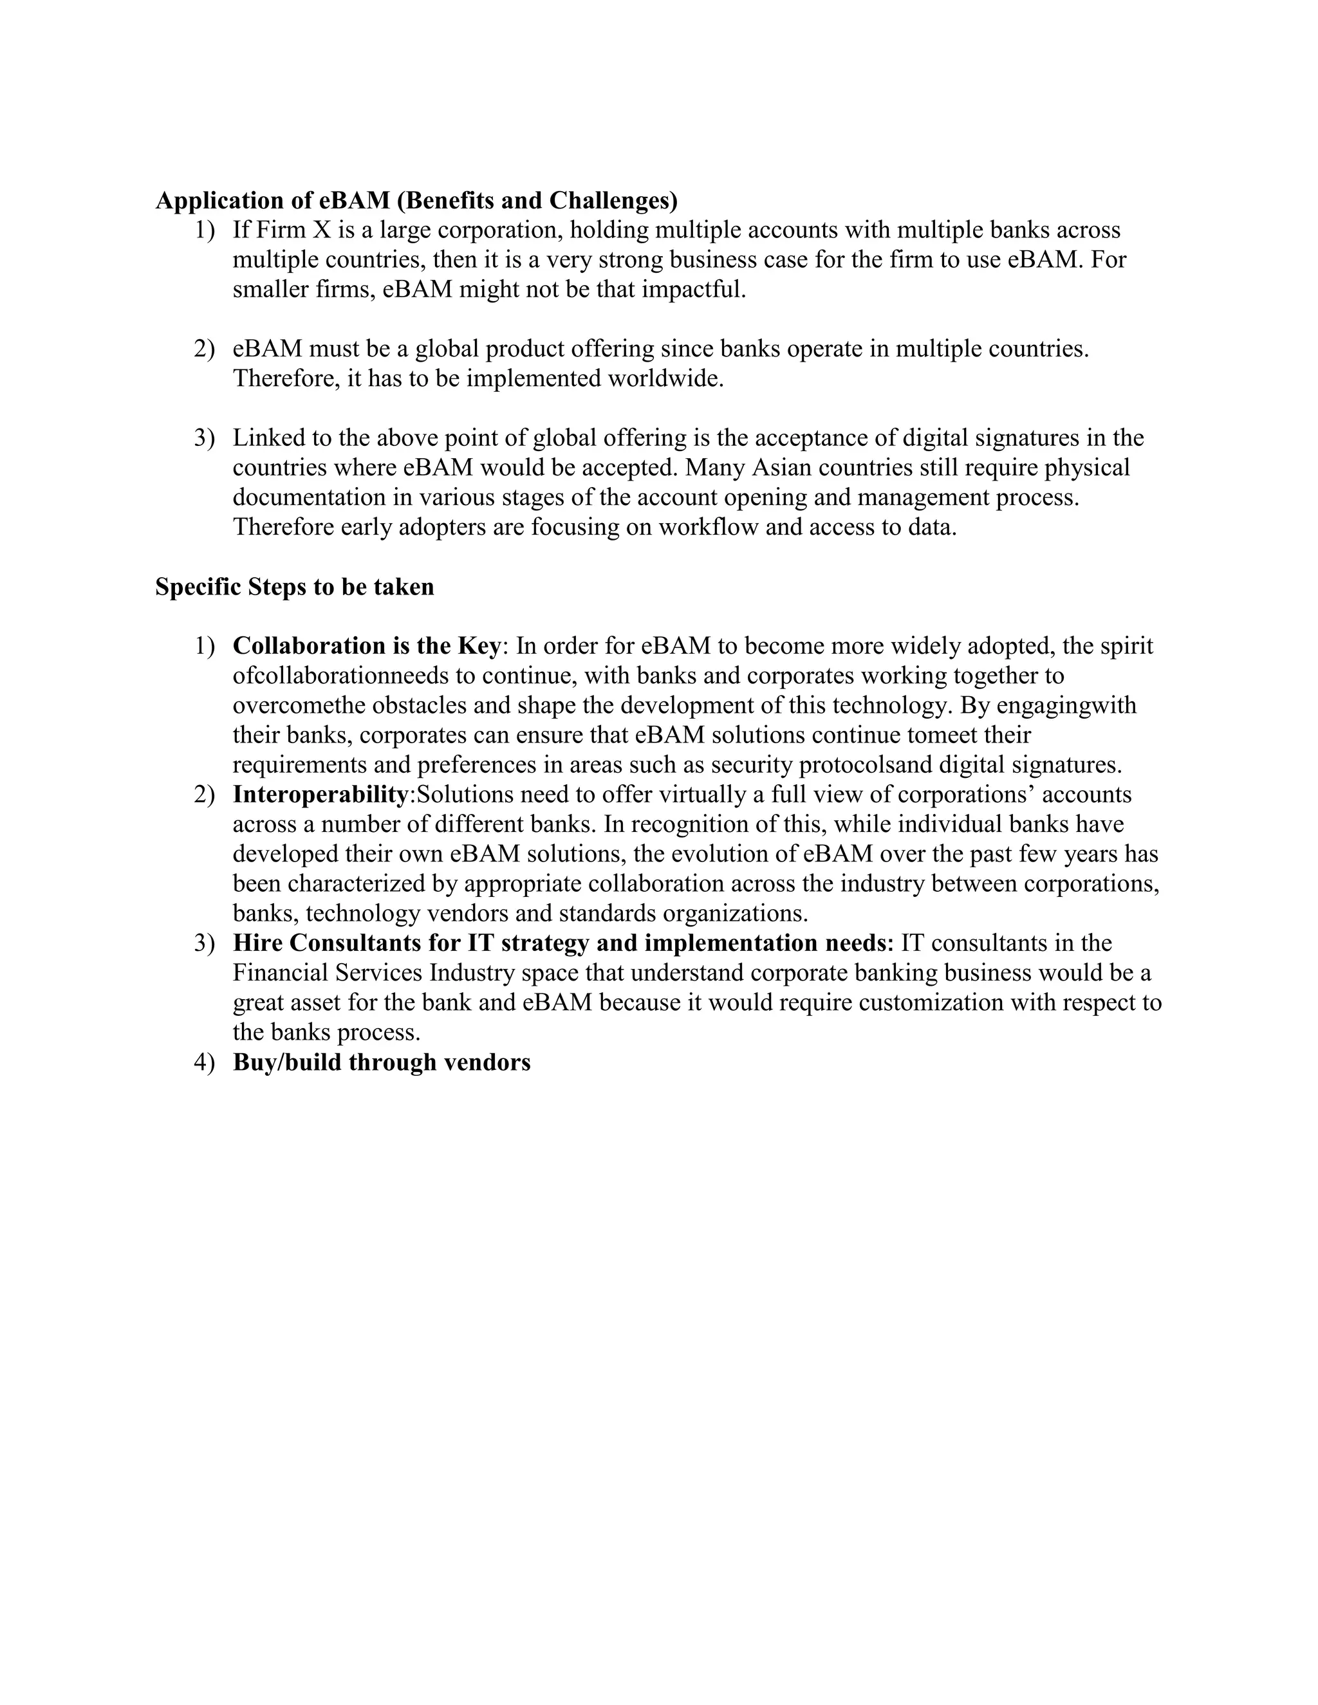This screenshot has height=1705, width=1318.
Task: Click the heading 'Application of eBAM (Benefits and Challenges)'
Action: point(416,201)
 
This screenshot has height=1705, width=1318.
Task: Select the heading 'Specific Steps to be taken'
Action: point(294,586)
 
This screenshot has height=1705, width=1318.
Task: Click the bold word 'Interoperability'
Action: point(320,794)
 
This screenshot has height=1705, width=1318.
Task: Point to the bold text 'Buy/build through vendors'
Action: point(381,1062)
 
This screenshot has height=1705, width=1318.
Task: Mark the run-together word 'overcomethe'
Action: point(299,705)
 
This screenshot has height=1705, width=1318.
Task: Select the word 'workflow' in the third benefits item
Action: point(708,527)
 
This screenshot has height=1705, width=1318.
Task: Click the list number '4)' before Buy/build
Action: point(204,1062)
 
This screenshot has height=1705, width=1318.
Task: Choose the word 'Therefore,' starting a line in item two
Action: point(286,378)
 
